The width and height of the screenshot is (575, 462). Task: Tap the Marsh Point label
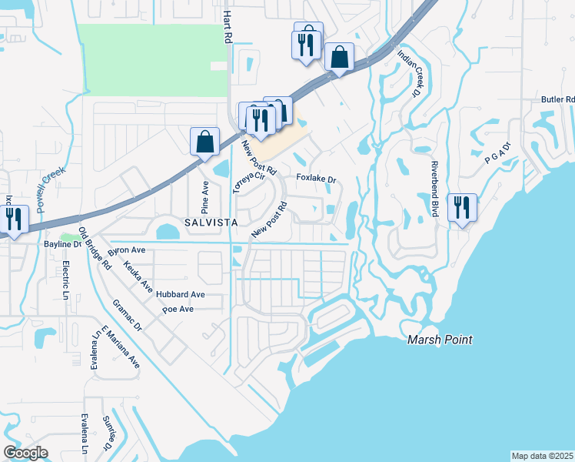439,340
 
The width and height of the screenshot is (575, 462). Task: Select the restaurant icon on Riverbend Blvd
462,208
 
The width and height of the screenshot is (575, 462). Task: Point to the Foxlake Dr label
317,179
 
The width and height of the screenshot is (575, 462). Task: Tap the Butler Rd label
558,99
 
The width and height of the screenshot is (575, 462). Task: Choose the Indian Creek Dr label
407,74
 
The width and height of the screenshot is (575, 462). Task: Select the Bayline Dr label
62,244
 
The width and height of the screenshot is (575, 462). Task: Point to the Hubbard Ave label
180,294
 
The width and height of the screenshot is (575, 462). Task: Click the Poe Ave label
178,309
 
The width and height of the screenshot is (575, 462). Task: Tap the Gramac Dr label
128,316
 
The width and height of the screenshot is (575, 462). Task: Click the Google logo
25,453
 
